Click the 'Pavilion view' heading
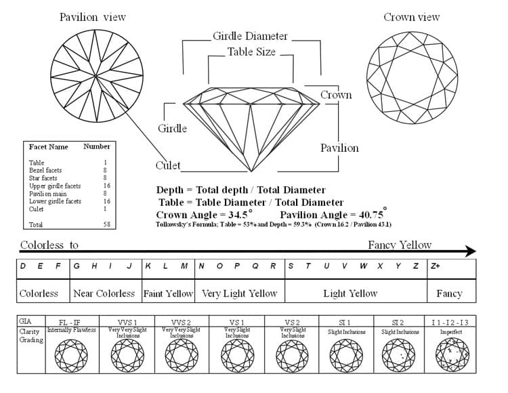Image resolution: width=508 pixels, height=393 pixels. point(92,17)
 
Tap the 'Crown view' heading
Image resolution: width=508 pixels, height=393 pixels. point(411,17)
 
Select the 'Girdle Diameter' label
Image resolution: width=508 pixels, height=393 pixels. point(250,36)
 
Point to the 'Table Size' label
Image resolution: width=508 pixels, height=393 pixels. point(251,51)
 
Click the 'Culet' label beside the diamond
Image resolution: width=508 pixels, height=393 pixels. point(168,165)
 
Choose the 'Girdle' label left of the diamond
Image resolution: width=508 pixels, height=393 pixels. point(172,128)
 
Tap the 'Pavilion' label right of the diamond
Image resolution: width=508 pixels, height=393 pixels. point(339,148)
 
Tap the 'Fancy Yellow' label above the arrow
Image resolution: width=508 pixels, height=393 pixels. point(400,245)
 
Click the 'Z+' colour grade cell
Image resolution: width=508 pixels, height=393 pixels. point(436,266)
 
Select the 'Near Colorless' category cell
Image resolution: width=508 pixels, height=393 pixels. point(104,293)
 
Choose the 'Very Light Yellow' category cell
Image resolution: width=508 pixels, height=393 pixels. point(239,293)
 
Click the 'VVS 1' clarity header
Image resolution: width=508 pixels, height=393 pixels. point(127,321)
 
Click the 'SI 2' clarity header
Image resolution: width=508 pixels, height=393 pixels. point(398,321)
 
